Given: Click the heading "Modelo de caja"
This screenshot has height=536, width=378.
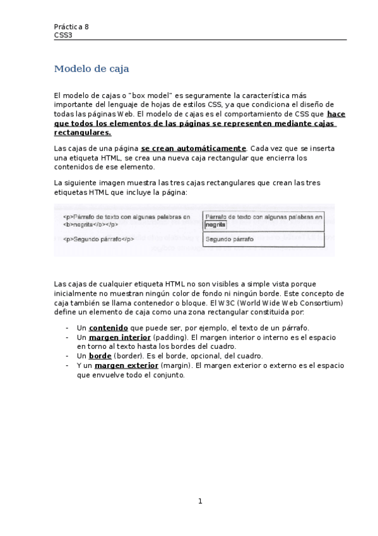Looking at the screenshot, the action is click(92, 69).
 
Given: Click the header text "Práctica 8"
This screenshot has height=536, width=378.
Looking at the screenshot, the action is click(71, 27).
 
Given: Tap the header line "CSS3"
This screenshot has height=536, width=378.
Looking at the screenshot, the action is click(63, 35).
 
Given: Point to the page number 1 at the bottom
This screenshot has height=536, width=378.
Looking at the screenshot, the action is click(200, 501).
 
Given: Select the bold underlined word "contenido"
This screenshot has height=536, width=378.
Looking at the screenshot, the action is click(109, 328).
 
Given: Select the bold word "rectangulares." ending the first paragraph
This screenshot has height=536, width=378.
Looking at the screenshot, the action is click(83, 133).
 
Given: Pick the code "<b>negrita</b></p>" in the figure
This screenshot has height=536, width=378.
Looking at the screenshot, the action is click(92, 224).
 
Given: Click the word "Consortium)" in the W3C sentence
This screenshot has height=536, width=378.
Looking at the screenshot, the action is click(325, 303).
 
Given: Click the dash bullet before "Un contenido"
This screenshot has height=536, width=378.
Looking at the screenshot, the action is click(68, 328).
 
